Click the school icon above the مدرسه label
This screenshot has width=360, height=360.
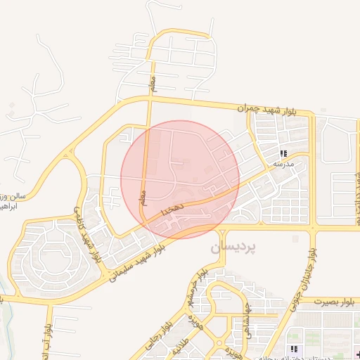click(x=283, y=153)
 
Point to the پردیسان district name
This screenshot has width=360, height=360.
click(x=233, y=248)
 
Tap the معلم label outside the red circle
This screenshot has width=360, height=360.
click(x=153, y=84)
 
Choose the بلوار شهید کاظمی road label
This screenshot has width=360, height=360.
click(x=88, y=237)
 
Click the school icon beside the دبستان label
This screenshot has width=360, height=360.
click(x=293, y=349)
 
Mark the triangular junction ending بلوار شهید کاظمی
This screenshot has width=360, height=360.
click(x=69, y=152)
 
